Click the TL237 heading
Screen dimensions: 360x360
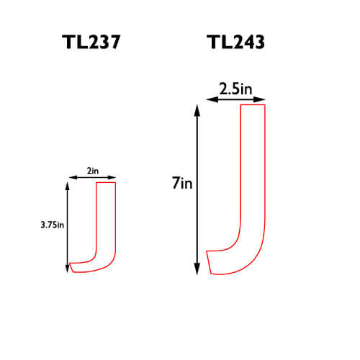pos(91,42)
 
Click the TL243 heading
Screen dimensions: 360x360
pos(235,42)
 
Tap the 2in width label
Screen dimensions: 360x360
pos(93,171)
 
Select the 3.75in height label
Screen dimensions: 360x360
pos(53,225)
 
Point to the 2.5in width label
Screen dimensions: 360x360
pos(235,89)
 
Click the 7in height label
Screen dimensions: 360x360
pos(182,184)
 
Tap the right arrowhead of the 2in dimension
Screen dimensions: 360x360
pos(112,177)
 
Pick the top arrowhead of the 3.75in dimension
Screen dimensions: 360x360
pos(68,186)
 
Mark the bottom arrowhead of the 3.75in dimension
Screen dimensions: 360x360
pos(68,269)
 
